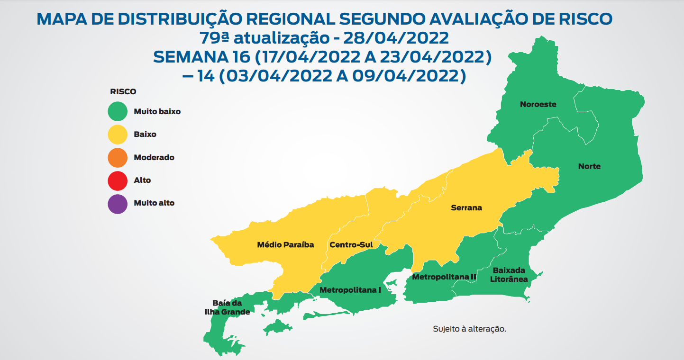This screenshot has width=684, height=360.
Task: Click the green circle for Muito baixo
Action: [117, 112]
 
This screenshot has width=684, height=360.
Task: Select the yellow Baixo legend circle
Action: [117, 135]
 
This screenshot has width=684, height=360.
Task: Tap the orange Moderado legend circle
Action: [117, 157]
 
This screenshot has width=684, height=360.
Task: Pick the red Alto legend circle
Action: [117, 180]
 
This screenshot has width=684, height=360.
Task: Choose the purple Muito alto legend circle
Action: [117, 203]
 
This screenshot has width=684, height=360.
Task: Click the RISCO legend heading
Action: [123, 92]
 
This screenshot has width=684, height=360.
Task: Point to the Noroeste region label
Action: [538, 104]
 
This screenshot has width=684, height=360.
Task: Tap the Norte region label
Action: [589, 166]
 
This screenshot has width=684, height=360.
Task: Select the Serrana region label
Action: [466, 207]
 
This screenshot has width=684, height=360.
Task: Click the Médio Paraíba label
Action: [285, 245]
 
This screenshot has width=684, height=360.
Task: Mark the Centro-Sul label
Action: [351, 245]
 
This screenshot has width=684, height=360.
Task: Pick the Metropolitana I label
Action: [350, 289]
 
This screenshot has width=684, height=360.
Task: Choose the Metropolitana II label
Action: [444, 277]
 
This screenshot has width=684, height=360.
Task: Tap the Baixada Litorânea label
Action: [509, 275]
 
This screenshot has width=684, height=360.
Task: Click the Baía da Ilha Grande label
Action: [227, 307]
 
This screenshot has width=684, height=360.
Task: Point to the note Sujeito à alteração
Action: [469, 329]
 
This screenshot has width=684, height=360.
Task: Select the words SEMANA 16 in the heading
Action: [202, 57]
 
